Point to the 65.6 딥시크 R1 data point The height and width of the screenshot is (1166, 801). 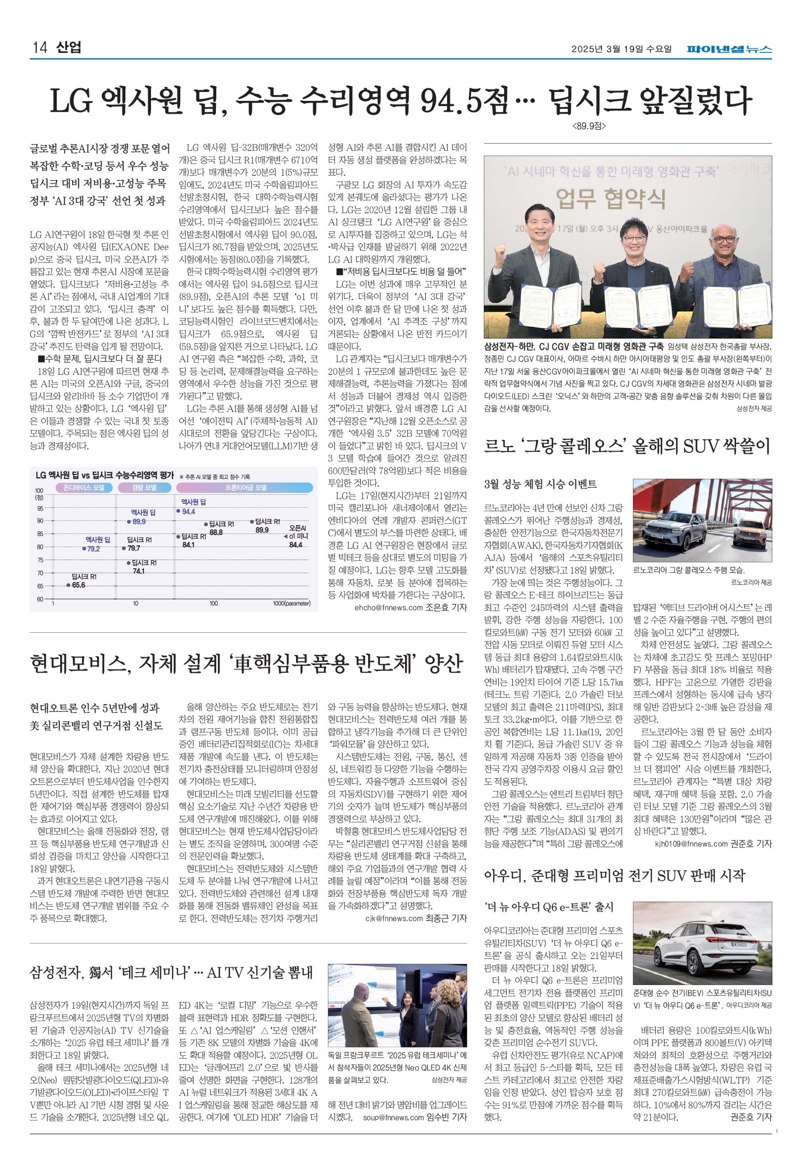tap(68, 585)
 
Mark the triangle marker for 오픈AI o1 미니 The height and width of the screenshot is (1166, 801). tap(285, 536)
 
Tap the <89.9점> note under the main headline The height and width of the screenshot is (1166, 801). tap(589, 126)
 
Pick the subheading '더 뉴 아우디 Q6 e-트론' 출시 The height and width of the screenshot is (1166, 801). tap(549, 907)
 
